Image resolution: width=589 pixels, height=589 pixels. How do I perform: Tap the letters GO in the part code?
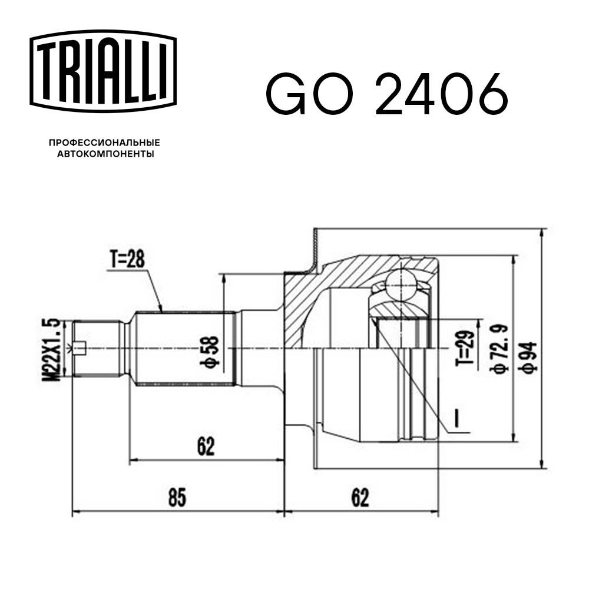pos(313,94)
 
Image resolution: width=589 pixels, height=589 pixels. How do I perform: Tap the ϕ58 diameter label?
pos(211,352)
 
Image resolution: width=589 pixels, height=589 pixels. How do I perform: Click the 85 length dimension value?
pos(177,498)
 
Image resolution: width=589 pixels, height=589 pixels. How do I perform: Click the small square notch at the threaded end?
pos(81,349)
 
